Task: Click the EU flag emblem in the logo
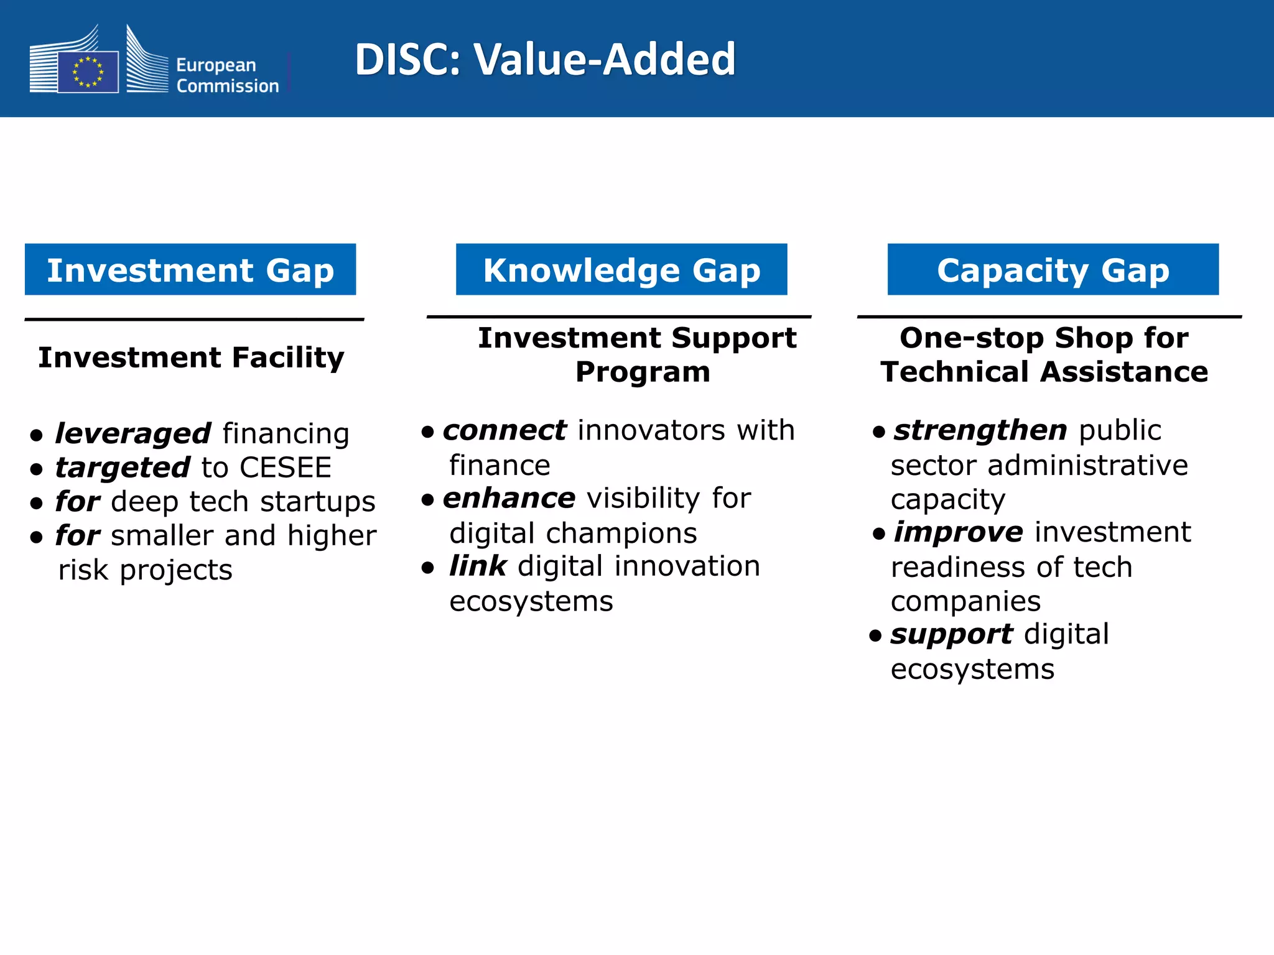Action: pos(88,72)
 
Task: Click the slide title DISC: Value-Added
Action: pos(545,60)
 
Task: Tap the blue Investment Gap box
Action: pos(190,270)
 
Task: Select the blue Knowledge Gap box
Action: pos(621,270)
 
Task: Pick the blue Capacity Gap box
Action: pos(1053,270)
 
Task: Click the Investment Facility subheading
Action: pos(191,358)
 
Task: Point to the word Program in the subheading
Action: pos(643,372)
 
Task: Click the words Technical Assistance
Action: pos(1044,372)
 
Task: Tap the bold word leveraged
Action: pos(133,433)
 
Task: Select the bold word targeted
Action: pos(123,468)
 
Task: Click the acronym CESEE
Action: pos(286,468)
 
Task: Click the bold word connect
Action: pos(504,430)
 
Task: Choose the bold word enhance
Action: pos(509,498)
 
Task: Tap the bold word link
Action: pos(478,566)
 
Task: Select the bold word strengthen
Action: pos(980,430)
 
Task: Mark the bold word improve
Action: pos(958,532)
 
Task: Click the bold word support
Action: pos(951,634)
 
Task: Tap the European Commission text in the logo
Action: pos(227,75)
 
